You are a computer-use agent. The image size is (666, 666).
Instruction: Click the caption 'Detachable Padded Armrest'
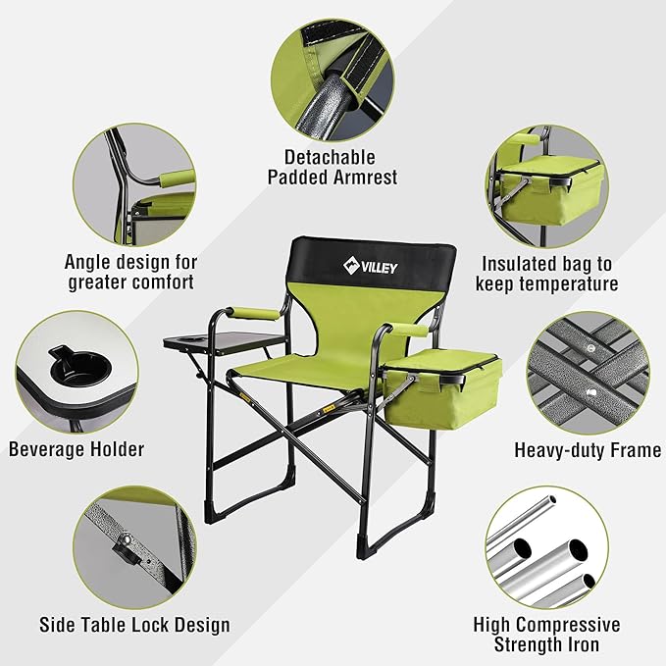tap(330, 167)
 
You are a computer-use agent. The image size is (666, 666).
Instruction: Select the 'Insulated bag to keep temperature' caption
tap(546, 274)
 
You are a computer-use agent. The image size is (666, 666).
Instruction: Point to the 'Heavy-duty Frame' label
tap(587, 450)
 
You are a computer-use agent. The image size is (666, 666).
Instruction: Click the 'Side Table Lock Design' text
tap(134, 625)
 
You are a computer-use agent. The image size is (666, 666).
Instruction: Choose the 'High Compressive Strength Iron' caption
tap(546, 636)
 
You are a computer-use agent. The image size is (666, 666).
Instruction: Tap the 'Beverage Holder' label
tap(77, 449)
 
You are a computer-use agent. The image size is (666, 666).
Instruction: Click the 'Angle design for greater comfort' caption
tap(131, 272)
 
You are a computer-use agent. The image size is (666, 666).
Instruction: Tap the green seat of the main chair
tap(304, 369)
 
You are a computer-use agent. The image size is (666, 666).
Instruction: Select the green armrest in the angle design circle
tap(173, 180)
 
